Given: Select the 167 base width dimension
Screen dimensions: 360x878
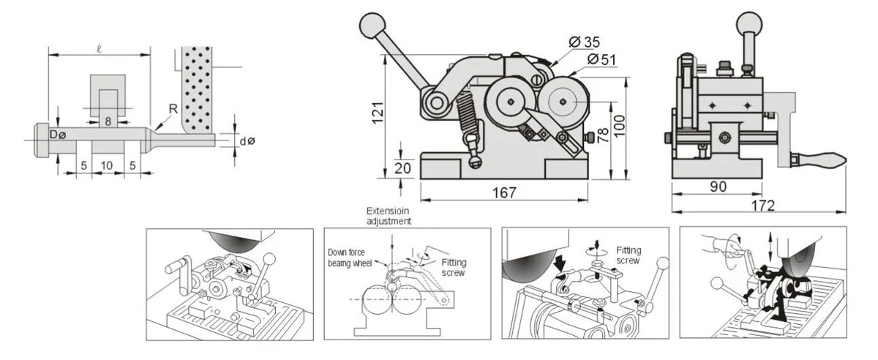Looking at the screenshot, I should (503, 192).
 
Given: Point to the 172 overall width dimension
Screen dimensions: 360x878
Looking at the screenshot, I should (761, 206).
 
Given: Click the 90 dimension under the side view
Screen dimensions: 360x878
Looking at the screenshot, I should (718, 187).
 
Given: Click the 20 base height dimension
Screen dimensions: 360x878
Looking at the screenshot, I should (400, 167).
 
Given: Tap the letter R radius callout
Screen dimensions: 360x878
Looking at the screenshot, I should (173, 108).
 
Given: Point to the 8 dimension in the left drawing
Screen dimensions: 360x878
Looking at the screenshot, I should (108, 121).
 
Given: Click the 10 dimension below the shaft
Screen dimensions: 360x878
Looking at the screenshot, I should (107, 166).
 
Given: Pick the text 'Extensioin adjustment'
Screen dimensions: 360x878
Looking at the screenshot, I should (389, 215).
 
